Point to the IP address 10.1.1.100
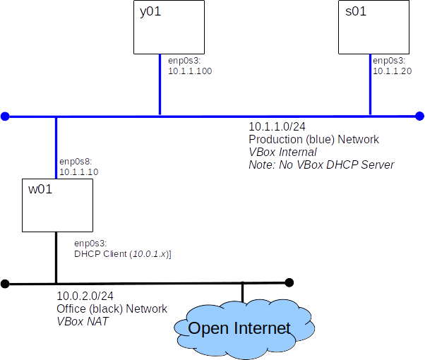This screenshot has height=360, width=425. coord(190,71)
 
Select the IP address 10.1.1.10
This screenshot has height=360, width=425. coord(78,172)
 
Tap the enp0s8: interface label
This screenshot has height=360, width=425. coord(76,162)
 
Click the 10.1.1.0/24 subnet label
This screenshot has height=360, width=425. coord(277,127)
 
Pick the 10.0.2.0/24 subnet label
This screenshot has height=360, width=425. coord(85,297)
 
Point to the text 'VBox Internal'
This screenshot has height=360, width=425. coord(282,152)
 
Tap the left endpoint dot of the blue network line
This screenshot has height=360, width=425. coord(5,116)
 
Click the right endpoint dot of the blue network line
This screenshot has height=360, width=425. coord(420,116)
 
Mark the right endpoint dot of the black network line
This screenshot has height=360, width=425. coord(289,282)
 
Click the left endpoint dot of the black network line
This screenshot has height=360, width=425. coord(5,284)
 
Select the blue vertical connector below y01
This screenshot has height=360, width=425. coord(160,85)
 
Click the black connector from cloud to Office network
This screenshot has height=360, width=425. coord(242,293)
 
